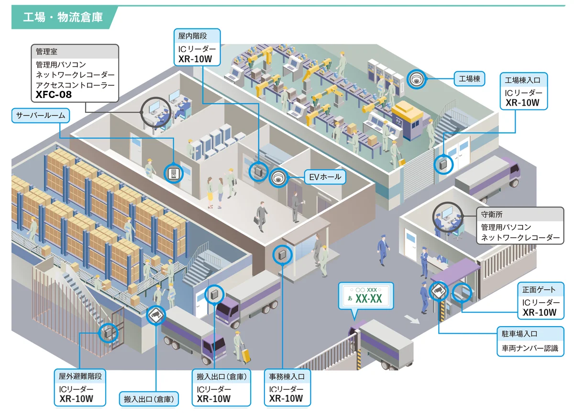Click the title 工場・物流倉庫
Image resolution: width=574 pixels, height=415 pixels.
63,18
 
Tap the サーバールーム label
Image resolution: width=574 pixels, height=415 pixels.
40,115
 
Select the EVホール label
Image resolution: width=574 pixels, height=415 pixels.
325,177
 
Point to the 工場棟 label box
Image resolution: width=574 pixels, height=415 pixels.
469,79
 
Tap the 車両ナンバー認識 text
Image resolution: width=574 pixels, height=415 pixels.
530,348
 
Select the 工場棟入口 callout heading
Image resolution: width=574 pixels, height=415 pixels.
523,79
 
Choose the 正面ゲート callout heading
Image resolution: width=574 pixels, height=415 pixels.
539,290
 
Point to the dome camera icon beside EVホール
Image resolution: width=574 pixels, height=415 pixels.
277,178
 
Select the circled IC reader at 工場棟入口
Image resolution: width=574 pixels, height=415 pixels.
442,164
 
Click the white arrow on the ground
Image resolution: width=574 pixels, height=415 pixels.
411,319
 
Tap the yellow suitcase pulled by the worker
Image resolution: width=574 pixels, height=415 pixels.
246,355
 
